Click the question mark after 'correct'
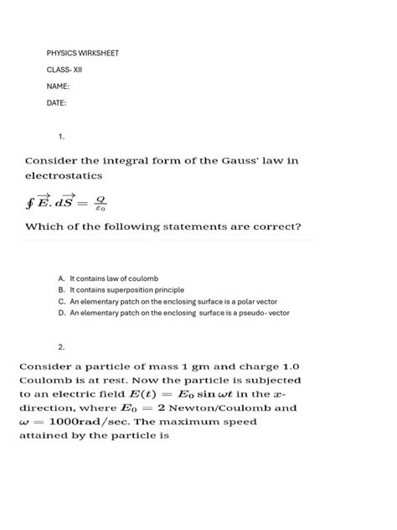coord(299,226)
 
